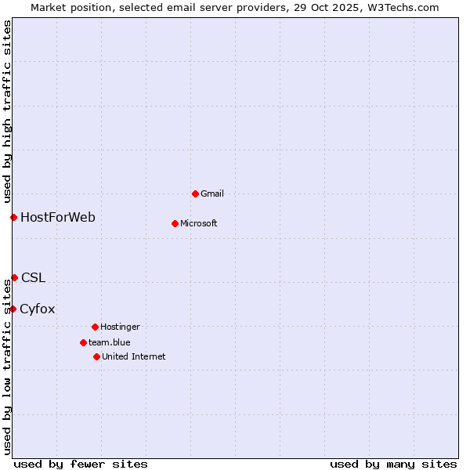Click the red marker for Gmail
195,193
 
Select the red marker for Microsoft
175,223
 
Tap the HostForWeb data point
13,217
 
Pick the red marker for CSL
14,277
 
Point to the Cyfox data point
13,309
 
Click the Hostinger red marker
95,327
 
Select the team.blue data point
83,342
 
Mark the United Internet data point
96,356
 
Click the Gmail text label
212,193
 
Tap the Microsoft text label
199,223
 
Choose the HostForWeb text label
58,217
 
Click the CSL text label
34,277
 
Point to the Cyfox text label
38,309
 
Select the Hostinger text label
120,327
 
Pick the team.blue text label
110,342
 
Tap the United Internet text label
134,356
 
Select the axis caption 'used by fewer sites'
81,464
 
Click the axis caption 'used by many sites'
393,464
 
